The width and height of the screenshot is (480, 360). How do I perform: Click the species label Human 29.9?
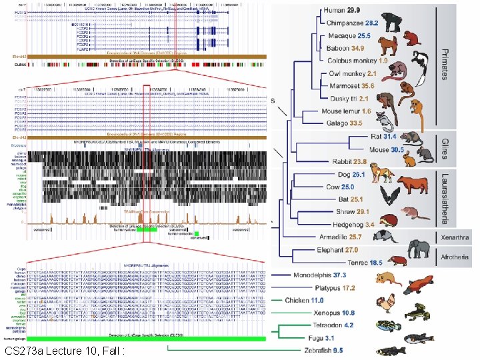point(342,11)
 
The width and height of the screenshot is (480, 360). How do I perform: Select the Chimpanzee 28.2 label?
point(351,23)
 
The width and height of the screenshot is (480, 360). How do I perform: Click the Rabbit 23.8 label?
point(350,161)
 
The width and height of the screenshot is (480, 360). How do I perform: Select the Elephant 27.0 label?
point(337,250)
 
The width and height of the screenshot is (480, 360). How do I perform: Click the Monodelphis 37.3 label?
point(320,275)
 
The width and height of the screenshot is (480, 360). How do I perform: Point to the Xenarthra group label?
point(455,237)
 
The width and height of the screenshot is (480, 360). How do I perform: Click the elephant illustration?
point(419,249)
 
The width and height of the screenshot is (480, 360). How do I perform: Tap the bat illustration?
point(389,197)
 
